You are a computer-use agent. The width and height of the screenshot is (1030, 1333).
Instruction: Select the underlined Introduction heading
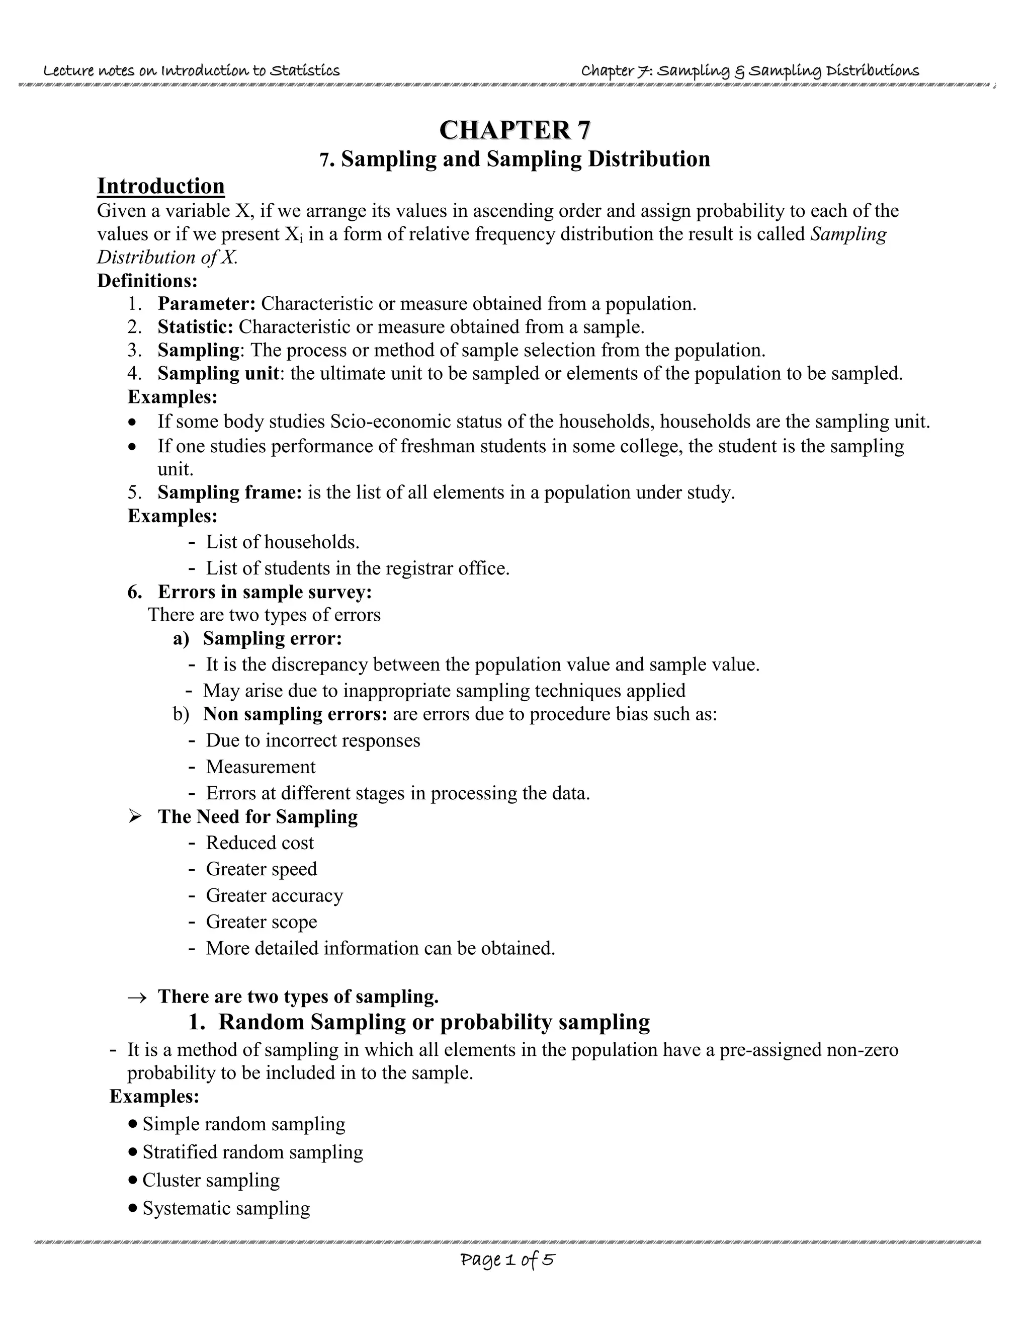[x=160, y=186]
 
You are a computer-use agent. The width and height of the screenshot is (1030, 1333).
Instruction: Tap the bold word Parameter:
[x=206, y=303]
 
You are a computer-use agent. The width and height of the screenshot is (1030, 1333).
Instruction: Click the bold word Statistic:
[x=195, y=326]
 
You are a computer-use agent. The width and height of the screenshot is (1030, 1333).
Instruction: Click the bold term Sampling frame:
[x=229, y=492]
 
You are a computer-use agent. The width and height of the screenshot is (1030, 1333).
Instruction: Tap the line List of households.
[x=282, y=541]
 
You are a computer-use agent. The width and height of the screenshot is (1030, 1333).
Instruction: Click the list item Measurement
[x=261, y=767]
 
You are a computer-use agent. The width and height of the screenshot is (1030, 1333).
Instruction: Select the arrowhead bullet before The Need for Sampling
[x=135, y=816]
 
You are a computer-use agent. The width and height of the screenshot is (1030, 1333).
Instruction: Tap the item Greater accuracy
[x=274, y=895]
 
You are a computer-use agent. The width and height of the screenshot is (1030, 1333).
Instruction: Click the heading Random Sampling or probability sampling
[x=434, y=1022]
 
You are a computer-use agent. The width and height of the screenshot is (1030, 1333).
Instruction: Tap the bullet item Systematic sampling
[x=226, y=1208]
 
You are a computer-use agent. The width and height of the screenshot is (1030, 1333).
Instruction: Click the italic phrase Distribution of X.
[x=167, y=257]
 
